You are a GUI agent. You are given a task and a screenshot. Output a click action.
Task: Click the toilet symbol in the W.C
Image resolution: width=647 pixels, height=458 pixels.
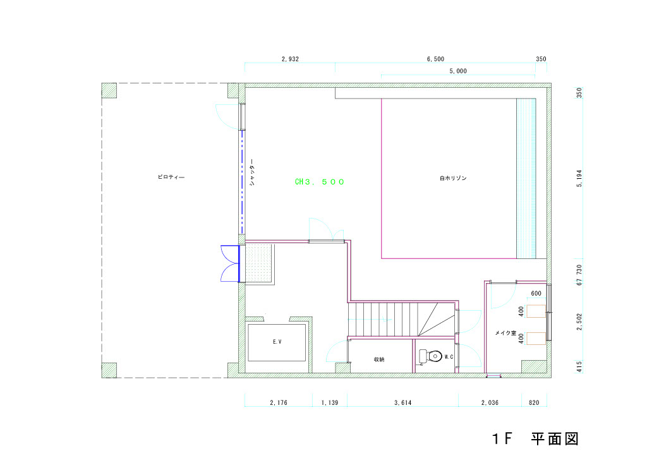pos(430,356)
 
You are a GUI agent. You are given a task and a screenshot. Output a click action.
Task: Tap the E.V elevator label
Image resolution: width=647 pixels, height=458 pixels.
pos(277,342)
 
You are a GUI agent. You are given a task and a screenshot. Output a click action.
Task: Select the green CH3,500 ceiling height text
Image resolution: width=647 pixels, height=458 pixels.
pos(319,182)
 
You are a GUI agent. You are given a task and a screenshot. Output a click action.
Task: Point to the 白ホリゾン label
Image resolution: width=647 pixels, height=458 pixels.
pos(453,178)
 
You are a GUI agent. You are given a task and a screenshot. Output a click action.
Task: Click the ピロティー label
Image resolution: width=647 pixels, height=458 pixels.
pos(171,177)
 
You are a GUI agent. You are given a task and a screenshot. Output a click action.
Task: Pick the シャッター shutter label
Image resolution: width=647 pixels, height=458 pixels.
pos(252,172)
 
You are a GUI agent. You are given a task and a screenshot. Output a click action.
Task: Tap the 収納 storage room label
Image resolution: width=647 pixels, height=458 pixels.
pos(379,359)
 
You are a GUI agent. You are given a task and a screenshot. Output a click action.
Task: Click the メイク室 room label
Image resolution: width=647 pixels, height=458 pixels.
pos(505,333)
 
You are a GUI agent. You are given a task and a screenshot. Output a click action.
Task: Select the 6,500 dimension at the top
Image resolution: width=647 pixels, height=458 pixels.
pos(436,59)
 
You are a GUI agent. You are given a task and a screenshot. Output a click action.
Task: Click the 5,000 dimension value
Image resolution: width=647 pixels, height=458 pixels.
pos(458,71)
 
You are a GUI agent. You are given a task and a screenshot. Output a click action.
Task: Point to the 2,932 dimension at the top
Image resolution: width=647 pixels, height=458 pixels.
pos(290,59)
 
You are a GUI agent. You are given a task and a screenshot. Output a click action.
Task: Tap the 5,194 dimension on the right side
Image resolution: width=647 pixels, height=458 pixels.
pos(579,178)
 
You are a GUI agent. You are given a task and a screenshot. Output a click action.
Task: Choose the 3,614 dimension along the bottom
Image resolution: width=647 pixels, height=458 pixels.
pos(402,402)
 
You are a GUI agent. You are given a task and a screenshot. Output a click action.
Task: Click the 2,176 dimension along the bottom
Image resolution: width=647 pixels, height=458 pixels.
pos(279,402)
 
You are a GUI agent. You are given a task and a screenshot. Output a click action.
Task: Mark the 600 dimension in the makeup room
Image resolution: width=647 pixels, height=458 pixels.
pos(536,293)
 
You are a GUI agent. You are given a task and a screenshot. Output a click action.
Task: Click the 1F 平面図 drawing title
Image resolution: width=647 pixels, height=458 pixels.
pos(535,438)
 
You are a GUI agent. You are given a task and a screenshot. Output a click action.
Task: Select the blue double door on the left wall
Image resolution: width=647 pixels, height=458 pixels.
pos(230,263)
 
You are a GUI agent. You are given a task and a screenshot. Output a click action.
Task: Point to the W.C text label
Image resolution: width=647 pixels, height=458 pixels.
pos(449,356)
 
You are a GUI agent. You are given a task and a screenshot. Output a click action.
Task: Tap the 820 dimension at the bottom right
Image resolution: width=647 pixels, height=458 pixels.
pos(534,402)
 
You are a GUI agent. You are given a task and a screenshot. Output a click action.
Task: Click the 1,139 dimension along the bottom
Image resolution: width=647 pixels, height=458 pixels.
pos(330,402)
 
